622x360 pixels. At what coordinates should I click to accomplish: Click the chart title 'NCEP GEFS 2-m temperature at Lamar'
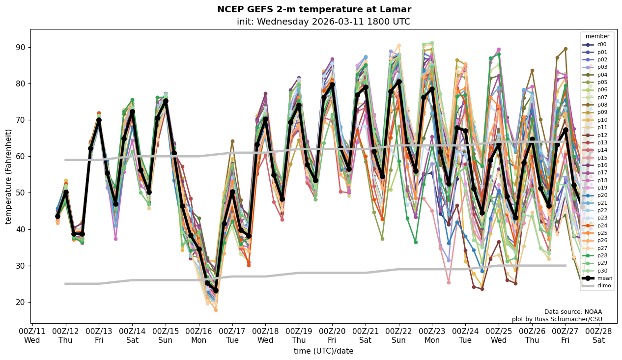point(314,9)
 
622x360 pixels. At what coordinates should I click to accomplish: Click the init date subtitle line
point(323,22)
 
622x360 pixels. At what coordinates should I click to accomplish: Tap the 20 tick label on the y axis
point(20,303)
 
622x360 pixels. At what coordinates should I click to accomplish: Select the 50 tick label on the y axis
point(20,193)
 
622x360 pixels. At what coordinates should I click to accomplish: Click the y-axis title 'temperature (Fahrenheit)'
point(9,176)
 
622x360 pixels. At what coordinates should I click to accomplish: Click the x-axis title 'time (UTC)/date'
point(323,351)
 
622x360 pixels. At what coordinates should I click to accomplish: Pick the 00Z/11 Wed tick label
point(32,335)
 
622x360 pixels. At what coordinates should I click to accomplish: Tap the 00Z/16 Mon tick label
point(198,335)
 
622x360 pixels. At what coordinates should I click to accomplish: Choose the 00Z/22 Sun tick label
point(398,335)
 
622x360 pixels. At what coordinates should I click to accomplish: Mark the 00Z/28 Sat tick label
point(598,335)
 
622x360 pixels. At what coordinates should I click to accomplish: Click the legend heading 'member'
point(597,36)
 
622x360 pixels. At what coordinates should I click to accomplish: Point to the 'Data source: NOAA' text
point(573,312)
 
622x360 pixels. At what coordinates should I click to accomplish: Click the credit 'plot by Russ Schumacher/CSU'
point(557,319)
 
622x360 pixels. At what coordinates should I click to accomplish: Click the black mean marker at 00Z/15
point(166,101)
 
